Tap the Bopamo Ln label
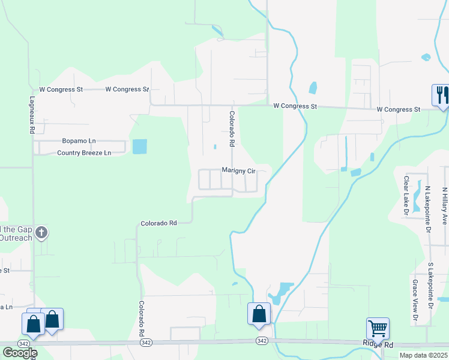click(x=79, y=141)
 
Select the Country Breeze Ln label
click(x=84, y=153)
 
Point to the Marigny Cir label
click(x=239, y=170)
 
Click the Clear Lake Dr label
click(x=406, y=196)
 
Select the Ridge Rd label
click(x=378, y=345)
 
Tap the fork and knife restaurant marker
click(x=441, y=95)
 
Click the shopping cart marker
click(x=378, y=329)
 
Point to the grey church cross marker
click(x=41, y=232)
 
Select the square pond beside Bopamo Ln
click(x=139, y=146)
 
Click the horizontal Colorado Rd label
click(x=158, y=223)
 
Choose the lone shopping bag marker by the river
click(x=259, y=314)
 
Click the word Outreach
click(x=16, y=237)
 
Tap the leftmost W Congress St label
click(x=61, y=89)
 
